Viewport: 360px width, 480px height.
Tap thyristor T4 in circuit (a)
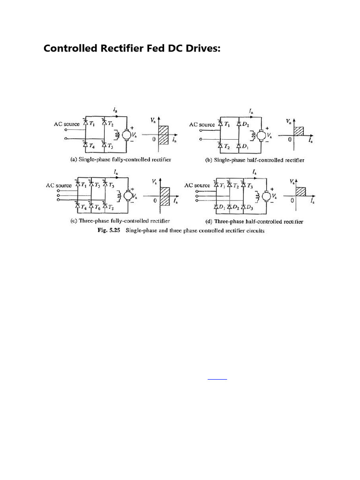point(85,146)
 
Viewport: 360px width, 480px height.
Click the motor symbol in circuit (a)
point(127,135)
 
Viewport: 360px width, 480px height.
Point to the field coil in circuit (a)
point(116,135)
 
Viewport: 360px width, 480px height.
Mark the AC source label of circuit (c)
point(59,185)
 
